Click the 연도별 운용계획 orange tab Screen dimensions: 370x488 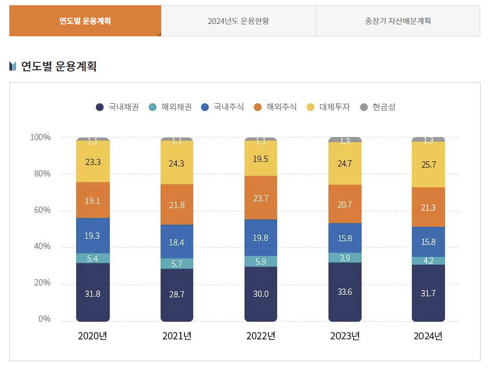[x=85, y=21]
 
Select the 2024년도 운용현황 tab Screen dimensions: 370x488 [x=238, y=21]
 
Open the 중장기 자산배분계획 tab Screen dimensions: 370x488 [x=397, y=21]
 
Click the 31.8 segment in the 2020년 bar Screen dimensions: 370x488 [x=93, y=293]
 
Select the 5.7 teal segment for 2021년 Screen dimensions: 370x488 [x=177, y=264]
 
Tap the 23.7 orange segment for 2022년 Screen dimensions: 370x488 [x=261, y=198]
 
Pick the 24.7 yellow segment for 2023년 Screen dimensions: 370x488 [x=345, y=163]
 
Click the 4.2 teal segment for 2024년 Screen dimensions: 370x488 [x=428, y=261]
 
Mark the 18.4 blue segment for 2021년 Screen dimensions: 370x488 [x=177, y=242]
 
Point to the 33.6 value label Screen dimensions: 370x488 [x=345, y=292]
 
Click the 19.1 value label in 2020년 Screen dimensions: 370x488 [x=93, y=201]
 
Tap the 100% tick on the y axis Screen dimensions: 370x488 [x=40, y=138]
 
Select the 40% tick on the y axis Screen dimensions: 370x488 [x=40, y=246]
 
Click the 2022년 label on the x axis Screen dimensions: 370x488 [x=261, y=336]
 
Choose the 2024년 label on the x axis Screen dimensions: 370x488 [x=428, y=336]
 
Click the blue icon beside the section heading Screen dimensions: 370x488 [x=13, y=66]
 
